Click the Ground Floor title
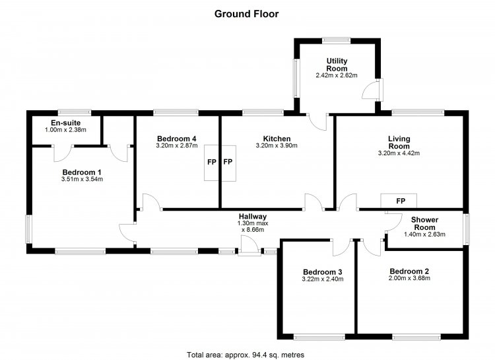(247, 13)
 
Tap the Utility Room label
(337, 65)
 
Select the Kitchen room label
(277, 139)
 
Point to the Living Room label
(399, 142)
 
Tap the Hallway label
(253, 216)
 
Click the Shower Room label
(424, 223)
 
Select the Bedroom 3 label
(322, 271)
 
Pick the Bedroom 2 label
(409, 271)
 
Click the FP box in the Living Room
(401, 201)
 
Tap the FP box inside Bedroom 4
(211, 162)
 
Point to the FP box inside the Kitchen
(228, 162)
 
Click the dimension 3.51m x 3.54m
(81, 179)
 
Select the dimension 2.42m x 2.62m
(337, 75)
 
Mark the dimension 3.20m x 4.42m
(399, 153)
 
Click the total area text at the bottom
(247, 353)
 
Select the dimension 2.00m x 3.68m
(409, 279)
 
